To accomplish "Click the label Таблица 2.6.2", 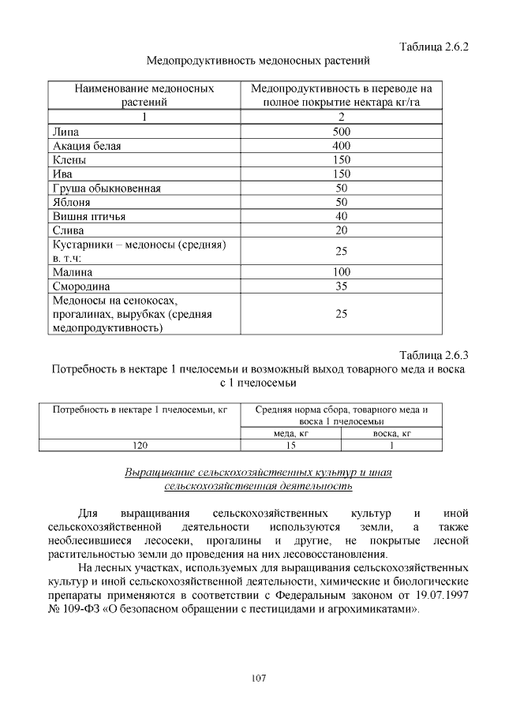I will pyautogui.click(x=434, y=47).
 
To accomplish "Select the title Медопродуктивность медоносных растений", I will pyautogui.click(x=258, y=60).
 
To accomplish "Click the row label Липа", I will pyautogui.click(x=65, y=132).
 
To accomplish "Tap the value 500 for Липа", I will pyautogui.click(x=341, y=132).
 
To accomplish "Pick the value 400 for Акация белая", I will pyautogui.click(x=341, y=146).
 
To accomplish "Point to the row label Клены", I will pyautogui.click(x=69, y=160).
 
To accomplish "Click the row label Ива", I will pyautogui.click(x=64, y=174).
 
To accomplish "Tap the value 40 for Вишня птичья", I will pyautogui.click(x=341, y=216).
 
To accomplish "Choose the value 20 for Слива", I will pyautogui.click(x=341, y=230).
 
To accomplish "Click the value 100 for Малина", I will pyautogui.click(x=341, y=272).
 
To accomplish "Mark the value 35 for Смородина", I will pyautogui.click(x=341, y=286).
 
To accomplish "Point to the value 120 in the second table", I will pyautogui.click(x=140, y=446).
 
